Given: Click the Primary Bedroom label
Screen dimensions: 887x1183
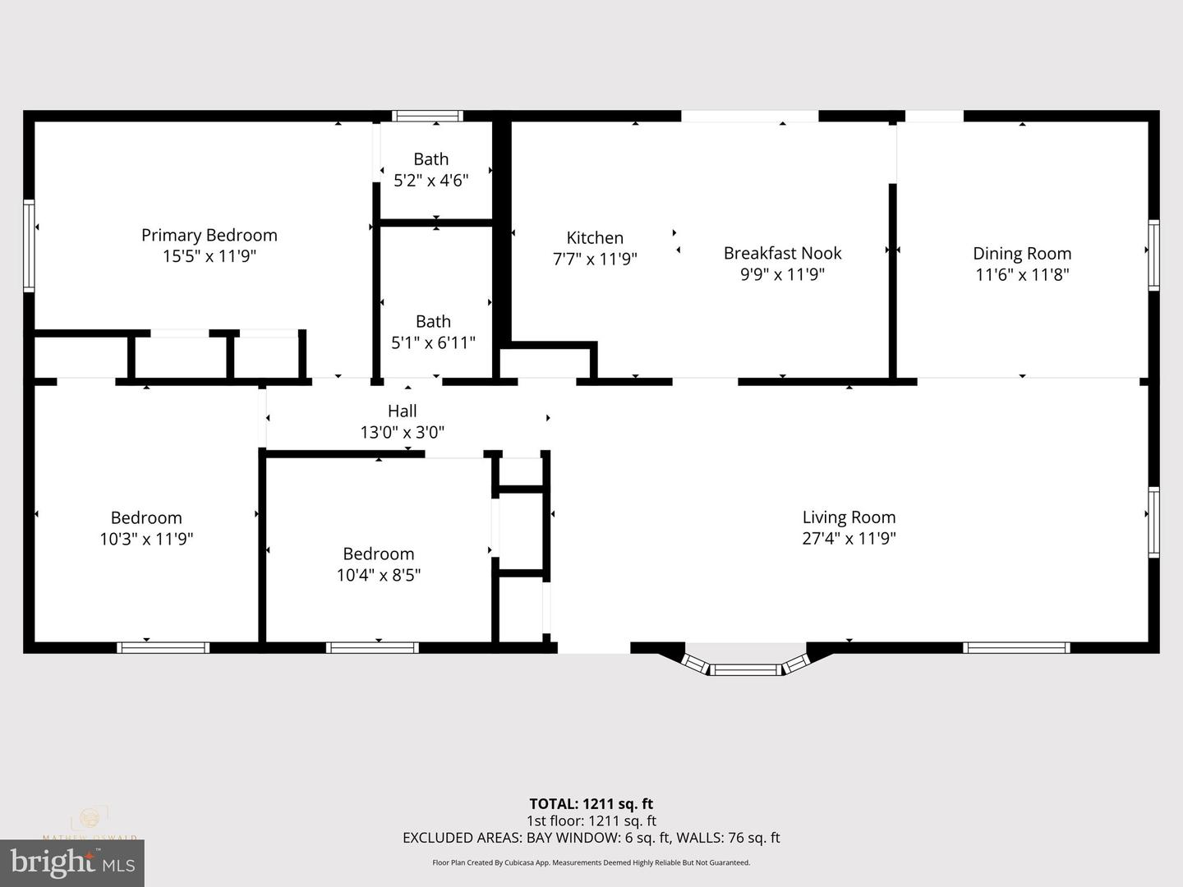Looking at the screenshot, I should coord(209,236).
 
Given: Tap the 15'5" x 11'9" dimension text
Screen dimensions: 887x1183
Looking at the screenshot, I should coord(209,256).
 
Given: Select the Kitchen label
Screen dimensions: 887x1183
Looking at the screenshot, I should coord(595,238).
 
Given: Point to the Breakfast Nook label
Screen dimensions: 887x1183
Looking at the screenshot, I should coord(782,253).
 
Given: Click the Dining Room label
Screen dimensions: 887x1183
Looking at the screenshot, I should coord(1022,254).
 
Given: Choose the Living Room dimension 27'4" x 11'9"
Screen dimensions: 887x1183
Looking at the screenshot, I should coord(849,539).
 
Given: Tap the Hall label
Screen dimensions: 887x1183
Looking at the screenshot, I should coord(403,411).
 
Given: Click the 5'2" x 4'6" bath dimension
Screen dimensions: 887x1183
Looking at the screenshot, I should coord(431,181).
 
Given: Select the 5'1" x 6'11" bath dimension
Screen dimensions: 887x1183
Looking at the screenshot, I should coord(433,342).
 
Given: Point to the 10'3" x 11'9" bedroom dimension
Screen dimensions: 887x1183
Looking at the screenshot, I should coord(146,539).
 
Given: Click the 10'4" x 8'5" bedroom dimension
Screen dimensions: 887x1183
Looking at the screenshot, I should coord(378,575).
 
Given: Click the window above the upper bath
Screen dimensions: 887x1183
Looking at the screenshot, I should coord(427,116).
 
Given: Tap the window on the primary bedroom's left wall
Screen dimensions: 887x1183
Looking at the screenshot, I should coord(29,246).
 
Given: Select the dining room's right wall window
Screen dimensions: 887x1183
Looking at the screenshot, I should coord(1153,255).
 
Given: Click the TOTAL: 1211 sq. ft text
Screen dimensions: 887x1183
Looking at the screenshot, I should coord(591,804).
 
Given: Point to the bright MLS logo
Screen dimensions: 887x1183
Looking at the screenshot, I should coord(72,862).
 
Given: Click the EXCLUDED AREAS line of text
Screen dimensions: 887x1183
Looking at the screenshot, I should coord(591,838).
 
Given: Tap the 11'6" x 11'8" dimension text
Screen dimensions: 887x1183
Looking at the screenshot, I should coord(1022,275).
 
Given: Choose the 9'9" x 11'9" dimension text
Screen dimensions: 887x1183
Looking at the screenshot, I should coord(782,274).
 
